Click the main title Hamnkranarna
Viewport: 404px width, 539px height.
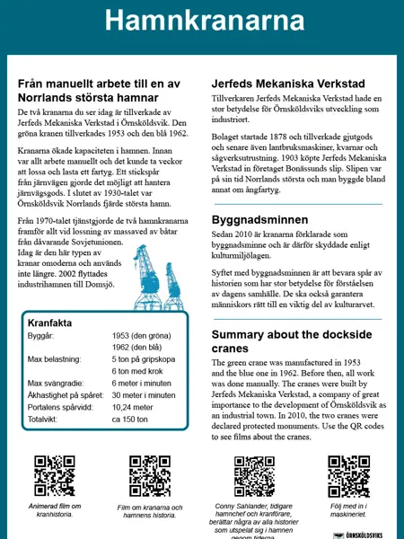(x=202, y=20)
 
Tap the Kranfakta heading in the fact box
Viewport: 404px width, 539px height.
(x=49, y=323)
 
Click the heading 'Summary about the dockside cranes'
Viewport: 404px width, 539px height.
(x=292, y=341)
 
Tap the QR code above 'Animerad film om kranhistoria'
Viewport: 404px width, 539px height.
(x=55, y=476)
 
